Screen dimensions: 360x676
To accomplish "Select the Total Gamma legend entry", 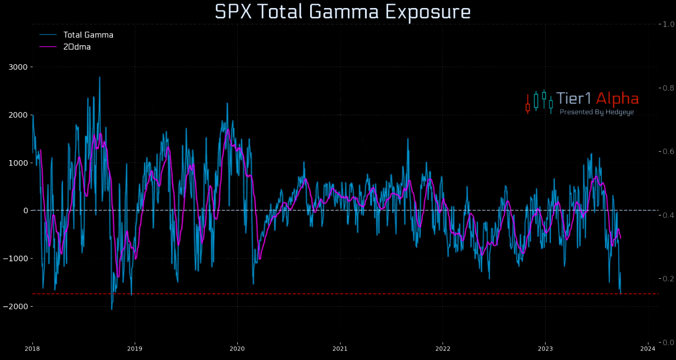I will click(x=88, y=34).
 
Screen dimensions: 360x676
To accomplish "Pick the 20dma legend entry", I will click(x=77, y=47).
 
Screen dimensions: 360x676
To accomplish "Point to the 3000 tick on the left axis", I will click(x=18, y=67).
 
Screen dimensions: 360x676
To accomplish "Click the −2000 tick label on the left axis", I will click(x=16, y=306).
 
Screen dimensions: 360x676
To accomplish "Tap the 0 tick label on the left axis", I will click(x=26, y=210).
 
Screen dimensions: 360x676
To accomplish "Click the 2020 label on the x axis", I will click(x=237, y=349).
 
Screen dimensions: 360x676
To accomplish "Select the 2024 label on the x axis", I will click(x=648, y=349).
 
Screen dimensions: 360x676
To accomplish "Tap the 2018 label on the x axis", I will click(x=32, y=349).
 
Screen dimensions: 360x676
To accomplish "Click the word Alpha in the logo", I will click(x=617, y=99).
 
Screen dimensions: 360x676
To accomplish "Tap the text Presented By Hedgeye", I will click(x=597, y=112).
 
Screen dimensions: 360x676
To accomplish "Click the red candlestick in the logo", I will click(x=528, y=107).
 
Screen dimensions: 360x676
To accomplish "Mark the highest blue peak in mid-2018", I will click(x=99, y=77).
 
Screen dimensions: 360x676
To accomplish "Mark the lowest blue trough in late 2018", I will click(x=112, y=309).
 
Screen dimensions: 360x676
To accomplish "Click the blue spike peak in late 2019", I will click(x=227, y=103).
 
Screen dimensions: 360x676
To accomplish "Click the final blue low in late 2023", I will click(x=620, y=293).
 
